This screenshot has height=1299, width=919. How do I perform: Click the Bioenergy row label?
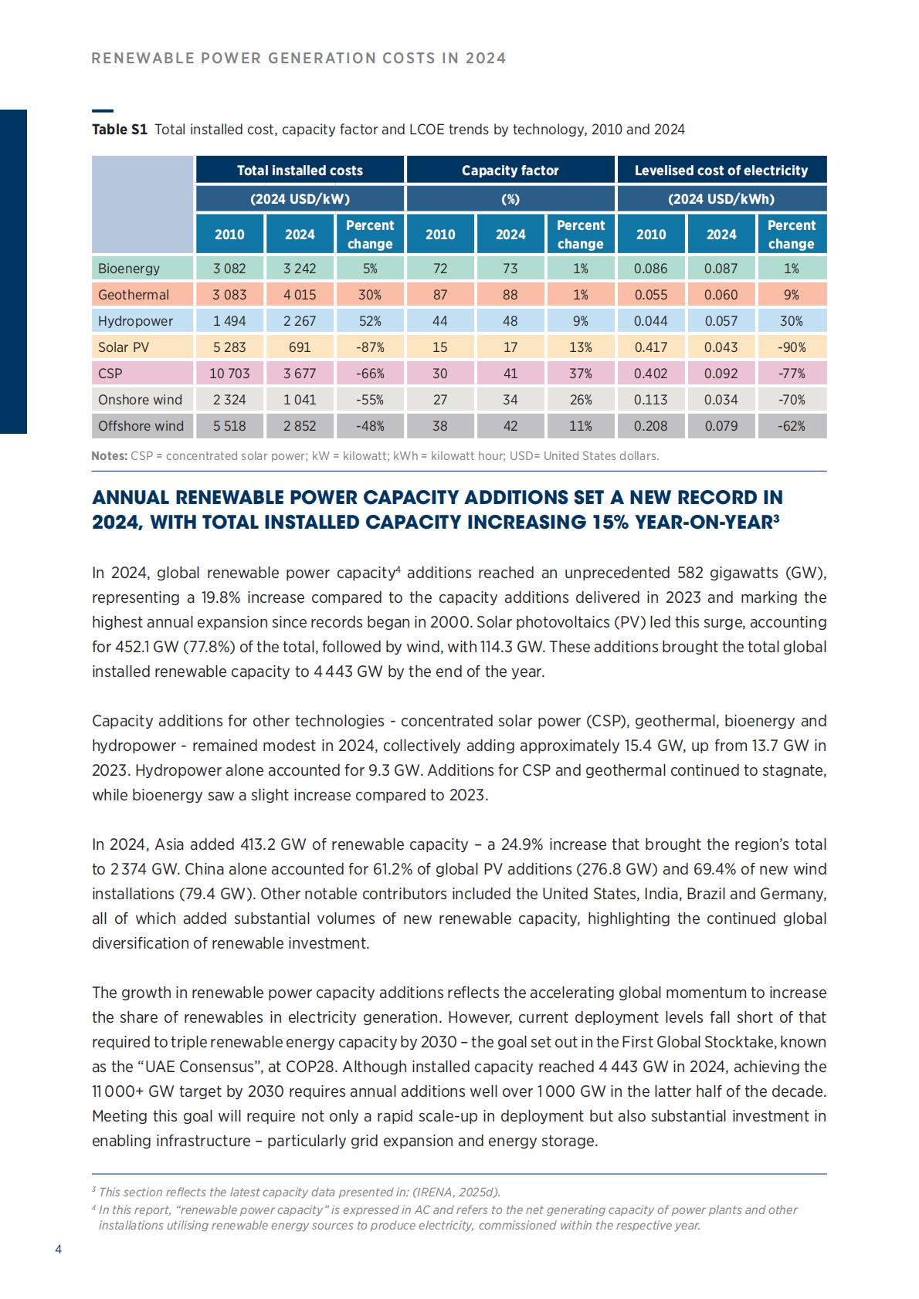[x=129, y=269]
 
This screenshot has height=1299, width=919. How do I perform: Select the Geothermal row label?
[x=134, y=295]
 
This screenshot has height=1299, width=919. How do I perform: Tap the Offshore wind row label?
[x=141, y=426]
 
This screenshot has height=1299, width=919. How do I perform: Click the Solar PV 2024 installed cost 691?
[x=300, y=347]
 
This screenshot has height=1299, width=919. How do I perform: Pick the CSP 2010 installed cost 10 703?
[x=229, y=374]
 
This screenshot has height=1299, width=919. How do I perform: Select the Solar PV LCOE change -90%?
[x=792, y=347]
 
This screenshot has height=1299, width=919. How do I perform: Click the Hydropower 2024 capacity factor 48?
[x=510, y=321]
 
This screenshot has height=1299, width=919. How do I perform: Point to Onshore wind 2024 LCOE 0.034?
[x=721, y=400]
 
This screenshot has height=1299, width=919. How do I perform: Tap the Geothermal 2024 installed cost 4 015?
[x=300, y=295]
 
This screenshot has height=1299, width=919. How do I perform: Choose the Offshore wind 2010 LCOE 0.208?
[x=651, y=426]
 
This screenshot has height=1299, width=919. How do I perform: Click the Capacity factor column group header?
[x=510, y=171]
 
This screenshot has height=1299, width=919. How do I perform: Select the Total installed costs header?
[x=300, y=171]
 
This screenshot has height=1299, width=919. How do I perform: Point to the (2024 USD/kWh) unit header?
[x=721, y=199]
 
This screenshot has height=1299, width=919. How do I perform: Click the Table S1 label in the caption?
[x=120, y=130]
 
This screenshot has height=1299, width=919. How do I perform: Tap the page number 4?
[x=59, y=1249]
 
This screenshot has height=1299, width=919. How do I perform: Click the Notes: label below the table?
[x=109, y=456]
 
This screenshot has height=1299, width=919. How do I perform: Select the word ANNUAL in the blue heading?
[x=131, y=498]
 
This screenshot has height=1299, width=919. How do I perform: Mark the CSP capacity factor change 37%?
[x=581, y=374]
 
